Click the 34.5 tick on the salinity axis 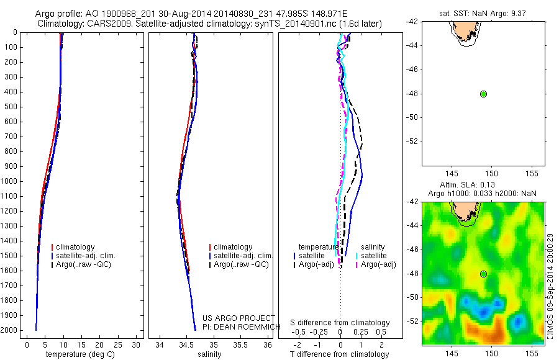tap(187, 344)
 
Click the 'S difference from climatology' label tap(340, 323)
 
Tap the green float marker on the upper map tap(484, 94)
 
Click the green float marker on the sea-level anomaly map tap(484, 274)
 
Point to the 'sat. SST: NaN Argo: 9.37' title tap(483, 12)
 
